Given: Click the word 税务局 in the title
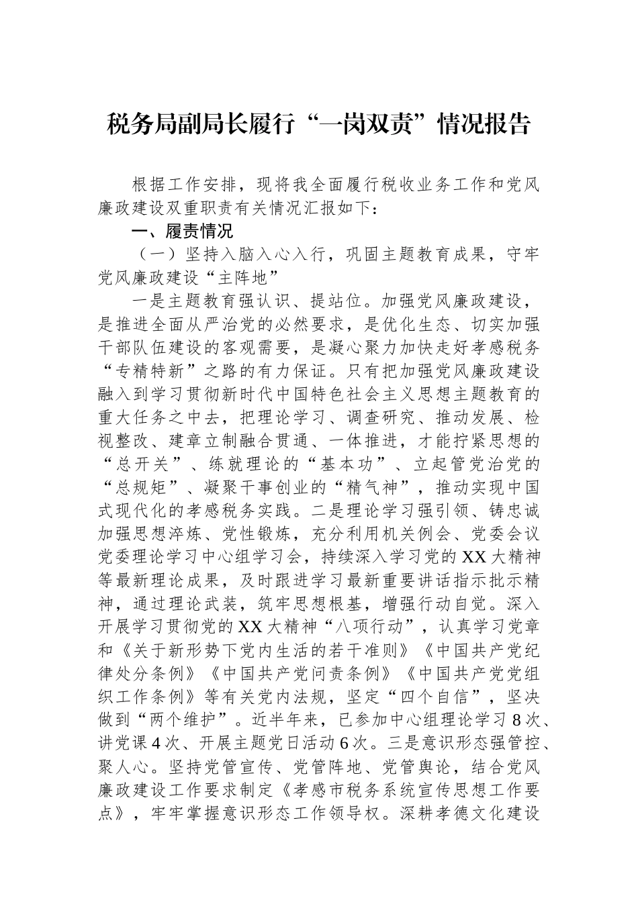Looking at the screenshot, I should [142, 124].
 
